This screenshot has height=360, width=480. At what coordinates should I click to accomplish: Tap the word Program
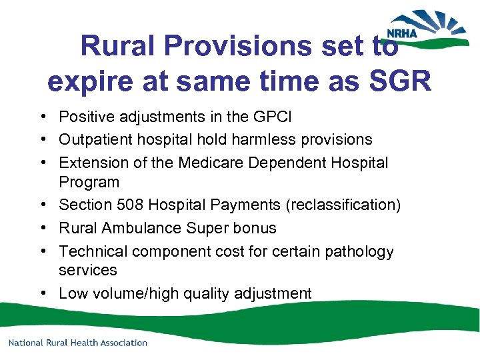coord(89,182)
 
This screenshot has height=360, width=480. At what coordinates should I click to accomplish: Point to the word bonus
coord(256,228)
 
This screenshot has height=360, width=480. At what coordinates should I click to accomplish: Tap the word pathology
coord(361,251)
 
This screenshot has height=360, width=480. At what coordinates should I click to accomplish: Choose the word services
coord(87,270)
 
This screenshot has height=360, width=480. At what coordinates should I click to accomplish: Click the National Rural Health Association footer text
coord(77,343)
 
